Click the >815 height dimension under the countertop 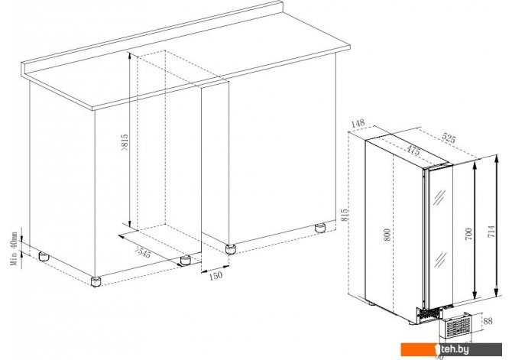[125, 143]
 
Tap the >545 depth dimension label [143, 252]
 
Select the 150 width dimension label [215, 276]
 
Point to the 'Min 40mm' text [14, 248]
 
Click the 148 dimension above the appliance [358, 124]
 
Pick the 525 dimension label [449, 138]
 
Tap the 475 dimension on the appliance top [413, 151]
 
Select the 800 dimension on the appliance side [387, 235]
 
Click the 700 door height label [468, 234]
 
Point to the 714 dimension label [491, 232]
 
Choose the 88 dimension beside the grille [488, 321]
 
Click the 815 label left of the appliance [345, 216]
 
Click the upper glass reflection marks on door [439, 197]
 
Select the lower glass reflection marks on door [439, 260]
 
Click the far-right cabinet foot [320, 228]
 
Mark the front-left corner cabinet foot [96, 281]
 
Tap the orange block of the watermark [420, 349]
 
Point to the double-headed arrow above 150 [215, 268]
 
